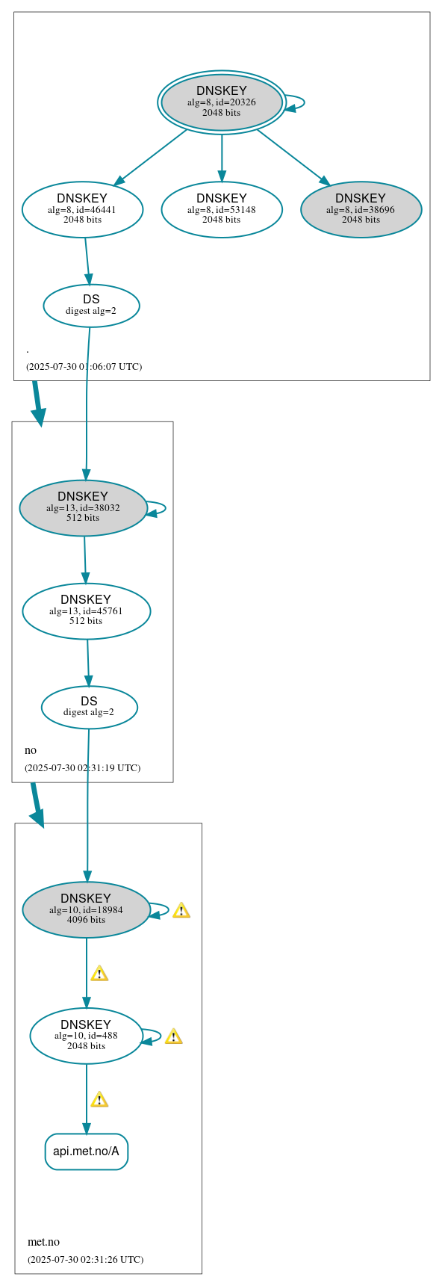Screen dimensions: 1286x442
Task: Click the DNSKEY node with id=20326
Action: click(222, 102)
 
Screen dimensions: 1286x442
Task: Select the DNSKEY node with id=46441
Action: click(82, 210)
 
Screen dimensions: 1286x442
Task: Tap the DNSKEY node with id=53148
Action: click(222, 210)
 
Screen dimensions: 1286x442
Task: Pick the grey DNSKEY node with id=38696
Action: click(361, 210)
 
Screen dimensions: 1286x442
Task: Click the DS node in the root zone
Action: click(91, 306)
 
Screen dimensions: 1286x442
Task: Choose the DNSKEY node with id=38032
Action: click(83, 508)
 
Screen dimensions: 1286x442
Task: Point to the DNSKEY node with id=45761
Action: click(86, 611)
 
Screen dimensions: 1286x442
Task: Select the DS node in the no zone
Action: click(89, 707)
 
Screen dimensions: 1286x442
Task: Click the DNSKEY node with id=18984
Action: click(86, 910)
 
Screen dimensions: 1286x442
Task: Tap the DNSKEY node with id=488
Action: click(86, 1036)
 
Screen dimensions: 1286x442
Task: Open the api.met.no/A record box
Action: click(87, 1151)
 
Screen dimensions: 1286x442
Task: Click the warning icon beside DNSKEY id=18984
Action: click(181, 910)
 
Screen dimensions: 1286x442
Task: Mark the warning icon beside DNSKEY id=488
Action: click(173, 1036)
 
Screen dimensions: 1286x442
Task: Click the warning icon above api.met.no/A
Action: click(99, 1099)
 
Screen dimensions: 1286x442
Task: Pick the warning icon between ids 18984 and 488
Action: click(99, 974)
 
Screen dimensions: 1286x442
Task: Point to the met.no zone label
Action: click(43, 1242)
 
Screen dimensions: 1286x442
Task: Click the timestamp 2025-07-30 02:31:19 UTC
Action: click(82, 768)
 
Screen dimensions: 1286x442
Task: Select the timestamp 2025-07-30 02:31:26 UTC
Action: click(85, 1260)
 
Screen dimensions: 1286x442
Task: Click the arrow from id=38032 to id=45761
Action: click(84, 560)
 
